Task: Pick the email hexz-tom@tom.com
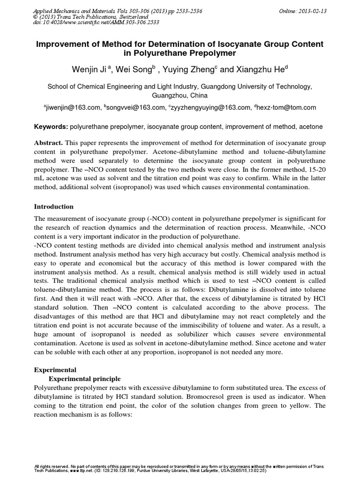point(286,107)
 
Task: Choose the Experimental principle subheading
point(85,379)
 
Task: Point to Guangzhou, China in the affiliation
point(180,95)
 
